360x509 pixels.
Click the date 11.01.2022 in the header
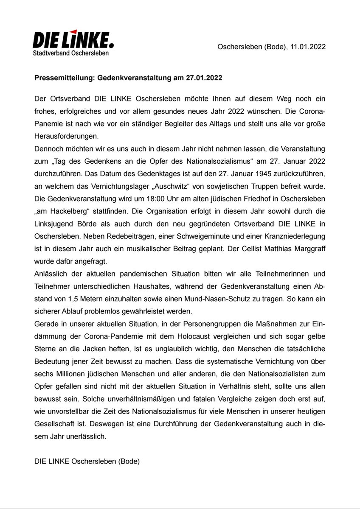click(308, 47)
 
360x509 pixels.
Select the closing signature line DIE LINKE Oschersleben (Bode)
click(87, 460)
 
